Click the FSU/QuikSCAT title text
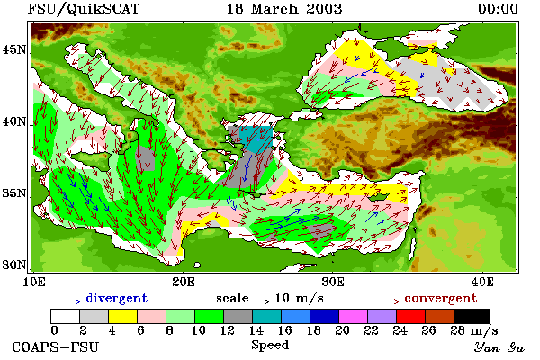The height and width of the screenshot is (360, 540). [84, 9]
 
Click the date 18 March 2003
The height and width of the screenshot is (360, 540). [284, 9]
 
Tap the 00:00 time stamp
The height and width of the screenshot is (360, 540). [498, 9]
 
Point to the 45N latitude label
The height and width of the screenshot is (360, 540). [14, 50]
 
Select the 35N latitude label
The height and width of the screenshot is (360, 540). [14, 193]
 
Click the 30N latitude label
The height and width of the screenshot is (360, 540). [14, 265]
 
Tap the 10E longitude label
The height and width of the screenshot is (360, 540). [34, 282]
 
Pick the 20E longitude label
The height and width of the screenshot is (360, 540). [184, 282]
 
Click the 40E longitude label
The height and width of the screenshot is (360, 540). [482, 282]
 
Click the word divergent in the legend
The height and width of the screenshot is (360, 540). [117, 298]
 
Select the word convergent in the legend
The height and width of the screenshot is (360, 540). [441, 298]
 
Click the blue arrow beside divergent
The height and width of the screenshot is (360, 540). [73, 301]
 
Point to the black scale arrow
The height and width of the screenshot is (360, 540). [262, 301]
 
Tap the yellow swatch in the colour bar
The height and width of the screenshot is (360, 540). [122, 316]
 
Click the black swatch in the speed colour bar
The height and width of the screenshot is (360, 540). [472, 316]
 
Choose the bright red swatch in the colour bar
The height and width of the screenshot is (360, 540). [411, 316]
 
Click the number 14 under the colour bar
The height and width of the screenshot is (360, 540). [256, 330]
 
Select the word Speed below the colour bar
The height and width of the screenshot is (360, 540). [270, 346]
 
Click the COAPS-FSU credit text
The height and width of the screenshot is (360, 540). [55, 347]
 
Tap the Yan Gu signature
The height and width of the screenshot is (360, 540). [499, 347]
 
